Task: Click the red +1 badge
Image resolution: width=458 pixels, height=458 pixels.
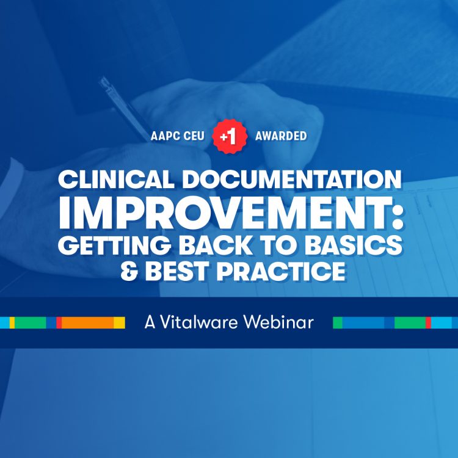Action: (x=230, y=136)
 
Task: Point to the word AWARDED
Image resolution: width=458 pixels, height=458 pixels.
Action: (x=281, y=136)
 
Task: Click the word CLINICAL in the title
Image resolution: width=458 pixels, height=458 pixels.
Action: (x=116, y=179)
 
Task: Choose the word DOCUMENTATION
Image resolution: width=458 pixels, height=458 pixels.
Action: (x=292, y=179)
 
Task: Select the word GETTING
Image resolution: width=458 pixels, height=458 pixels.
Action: (x=114, y=244)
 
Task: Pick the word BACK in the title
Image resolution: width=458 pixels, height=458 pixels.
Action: (x=216, y=244)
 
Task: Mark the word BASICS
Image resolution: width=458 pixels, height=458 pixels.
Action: (x=354, y=244)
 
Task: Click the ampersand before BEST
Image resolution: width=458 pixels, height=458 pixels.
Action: (x=129, y=272)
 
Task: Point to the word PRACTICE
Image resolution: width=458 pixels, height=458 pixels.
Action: (x=281, y=272)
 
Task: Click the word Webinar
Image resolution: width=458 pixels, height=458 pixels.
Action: (x=278, y=322)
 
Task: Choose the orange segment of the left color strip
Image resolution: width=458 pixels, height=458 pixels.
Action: (x=87, y=322)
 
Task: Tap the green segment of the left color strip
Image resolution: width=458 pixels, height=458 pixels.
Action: (x=31, y=322)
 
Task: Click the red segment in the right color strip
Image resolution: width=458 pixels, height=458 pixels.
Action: (x=428, y=322)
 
